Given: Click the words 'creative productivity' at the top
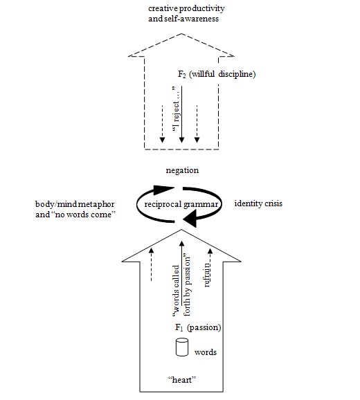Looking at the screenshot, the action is [x=186, y=9].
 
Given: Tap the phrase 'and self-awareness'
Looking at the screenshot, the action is [x=183, y=19].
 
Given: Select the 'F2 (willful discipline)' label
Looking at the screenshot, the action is [x=217, y=74].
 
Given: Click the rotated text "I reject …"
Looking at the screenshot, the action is [x=176, y=109].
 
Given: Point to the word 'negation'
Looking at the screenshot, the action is [x=182, y=170].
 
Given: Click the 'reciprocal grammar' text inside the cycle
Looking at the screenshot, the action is [x=181, y=204].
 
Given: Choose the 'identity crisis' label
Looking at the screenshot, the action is [x=258, y=203].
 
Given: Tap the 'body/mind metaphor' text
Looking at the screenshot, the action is [x=75, y=204].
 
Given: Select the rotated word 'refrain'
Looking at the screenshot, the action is [x=207, y=275].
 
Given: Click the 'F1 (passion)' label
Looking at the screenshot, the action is [x=198, y=327].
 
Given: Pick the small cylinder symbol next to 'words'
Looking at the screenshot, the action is [x=182, y=347].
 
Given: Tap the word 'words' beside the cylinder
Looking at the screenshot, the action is [x=206, y=352].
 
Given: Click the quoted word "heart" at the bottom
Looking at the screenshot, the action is [x=182, y=380].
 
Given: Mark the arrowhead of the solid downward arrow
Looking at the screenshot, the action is [x=181, y=140].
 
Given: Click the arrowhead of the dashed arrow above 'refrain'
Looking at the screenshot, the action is [x=210, y=251].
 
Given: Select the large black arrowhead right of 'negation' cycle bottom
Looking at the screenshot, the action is [x=190, y=218].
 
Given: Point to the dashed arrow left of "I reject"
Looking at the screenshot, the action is [x=162, y=124].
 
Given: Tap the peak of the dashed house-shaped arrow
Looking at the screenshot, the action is [x=181, y=33].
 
